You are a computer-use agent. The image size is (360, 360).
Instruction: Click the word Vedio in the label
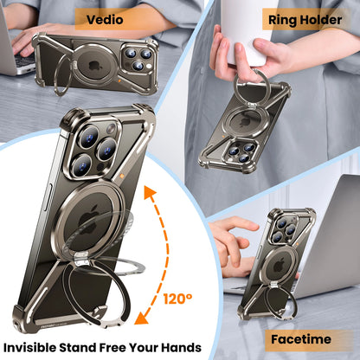tap(105, 20)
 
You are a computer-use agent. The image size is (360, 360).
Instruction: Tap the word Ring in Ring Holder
tap(282, 20)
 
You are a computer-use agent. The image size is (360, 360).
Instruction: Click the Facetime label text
tap(301, 339)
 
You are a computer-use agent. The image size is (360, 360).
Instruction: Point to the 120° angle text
tap(177, 299)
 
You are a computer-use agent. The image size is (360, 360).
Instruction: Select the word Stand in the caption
tap(78, 348)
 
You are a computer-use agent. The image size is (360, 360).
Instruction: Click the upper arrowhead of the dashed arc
tap(150, 193)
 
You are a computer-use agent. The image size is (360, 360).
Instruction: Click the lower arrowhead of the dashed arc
tap(141, 318)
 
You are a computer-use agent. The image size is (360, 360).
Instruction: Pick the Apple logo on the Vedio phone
tap(95, 66)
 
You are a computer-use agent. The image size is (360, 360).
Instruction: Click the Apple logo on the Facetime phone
tap(280, 266)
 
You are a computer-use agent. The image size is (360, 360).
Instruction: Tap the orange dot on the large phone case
tap(122, 176)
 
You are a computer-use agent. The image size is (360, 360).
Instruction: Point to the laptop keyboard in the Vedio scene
tap(24, 60)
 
